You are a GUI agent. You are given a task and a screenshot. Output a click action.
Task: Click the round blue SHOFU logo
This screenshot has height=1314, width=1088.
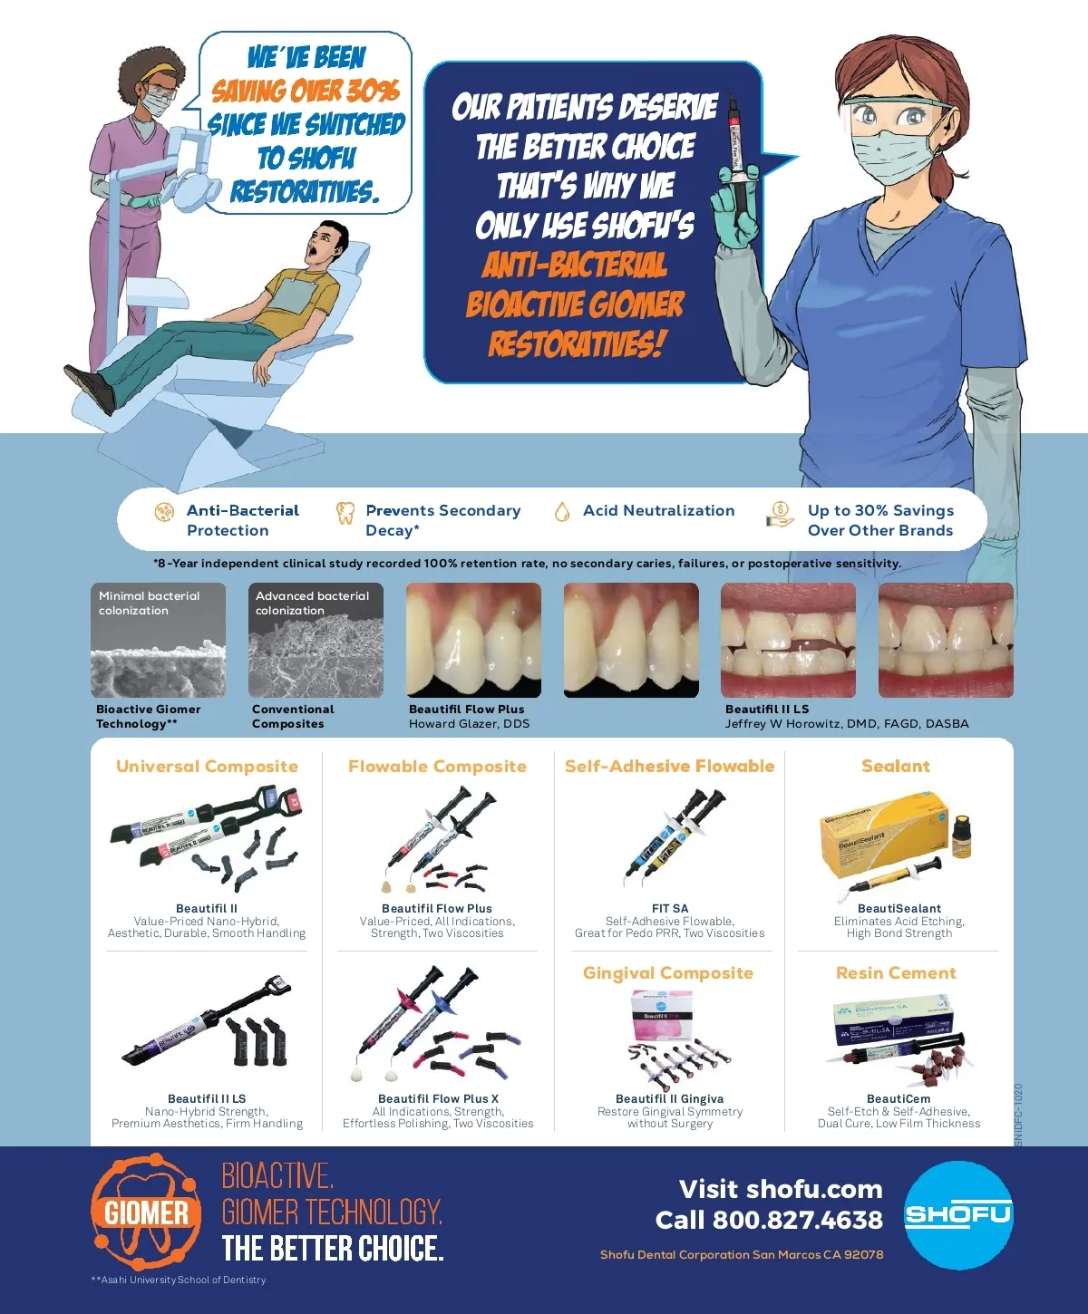pyautogui.click(x=957, y=1215)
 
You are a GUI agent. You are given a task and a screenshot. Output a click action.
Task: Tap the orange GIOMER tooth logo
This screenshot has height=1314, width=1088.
pyautogui.click(x=146, y=1212)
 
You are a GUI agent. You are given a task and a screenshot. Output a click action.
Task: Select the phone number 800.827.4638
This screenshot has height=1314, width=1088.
pyautogui.click(x=797, y=1220)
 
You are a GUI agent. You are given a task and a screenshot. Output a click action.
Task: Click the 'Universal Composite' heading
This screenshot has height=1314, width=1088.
pyautogui.click(x=207, y=766)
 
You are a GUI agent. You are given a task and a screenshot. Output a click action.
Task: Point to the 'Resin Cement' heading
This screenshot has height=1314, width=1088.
pyautogui.click(x=896, y=973)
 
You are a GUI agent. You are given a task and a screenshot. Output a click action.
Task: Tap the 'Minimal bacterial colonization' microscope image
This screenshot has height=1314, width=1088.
pyautogui.click(x=158, y=640)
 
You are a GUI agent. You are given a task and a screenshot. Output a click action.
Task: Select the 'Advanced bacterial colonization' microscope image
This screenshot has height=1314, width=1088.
pyautogui.click(x=316, y=640)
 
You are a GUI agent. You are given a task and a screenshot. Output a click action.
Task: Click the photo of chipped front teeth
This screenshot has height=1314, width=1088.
pyautogui.click(x=788, y=640)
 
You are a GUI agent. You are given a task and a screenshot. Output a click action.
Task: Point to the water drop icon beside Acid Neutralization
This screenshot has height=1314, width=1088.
pyautogui.click(x=562, y=512)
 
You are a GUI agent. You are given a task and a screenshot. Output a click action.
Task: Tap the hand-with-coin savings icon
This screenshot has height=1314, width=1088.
pyautogui.click(x=780, y=515)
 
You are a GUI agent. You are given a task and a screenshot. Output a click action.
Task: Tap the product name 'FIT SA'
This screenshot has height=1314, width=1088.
pyautogui.click(x=670, y=908)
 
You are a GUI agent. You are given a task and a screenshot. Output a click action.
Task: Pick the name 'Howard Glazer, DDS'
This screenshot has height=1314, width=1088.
pyautogui.click(x=469, y=724)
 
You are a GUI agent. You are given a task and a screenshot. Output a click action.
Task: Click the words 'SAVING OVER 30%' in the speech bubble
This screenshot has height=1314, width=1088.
pyautogui.click(x=306, y=91)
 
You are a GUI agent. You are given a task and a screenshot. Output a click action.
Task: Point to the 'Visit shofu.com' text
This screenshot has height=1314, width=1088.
pyautogui.click(x=781, y=1189)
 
